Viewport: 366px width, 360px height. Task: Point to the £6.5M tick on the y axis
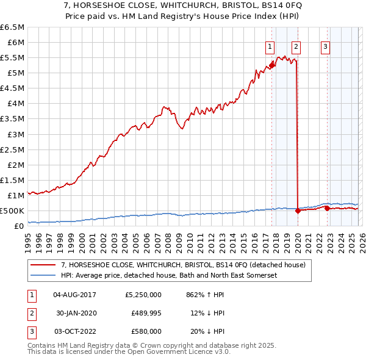12,27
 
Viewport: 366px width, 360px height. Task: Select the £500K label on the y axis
12,211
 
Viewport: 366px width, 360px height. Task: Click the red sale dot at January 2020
298,211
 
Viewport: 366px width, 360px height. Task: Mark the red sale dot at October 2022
327,208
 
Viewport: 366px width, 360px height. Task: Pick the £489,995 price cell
146,312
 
